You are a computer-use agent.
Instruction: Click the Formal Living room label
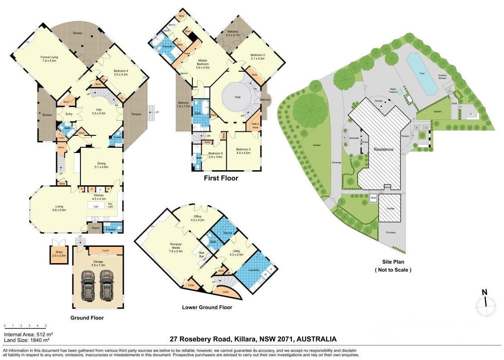49,57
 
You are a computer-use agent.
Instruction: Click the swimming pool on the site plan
420,73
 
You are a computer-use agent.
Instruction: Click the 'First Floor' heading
221,178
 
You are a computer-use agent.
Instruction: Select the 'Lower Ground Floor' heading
207,307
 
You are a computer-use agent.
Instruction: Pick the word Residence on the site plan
383,149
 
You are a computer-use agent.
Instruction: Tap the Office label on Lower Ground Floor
197,216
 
